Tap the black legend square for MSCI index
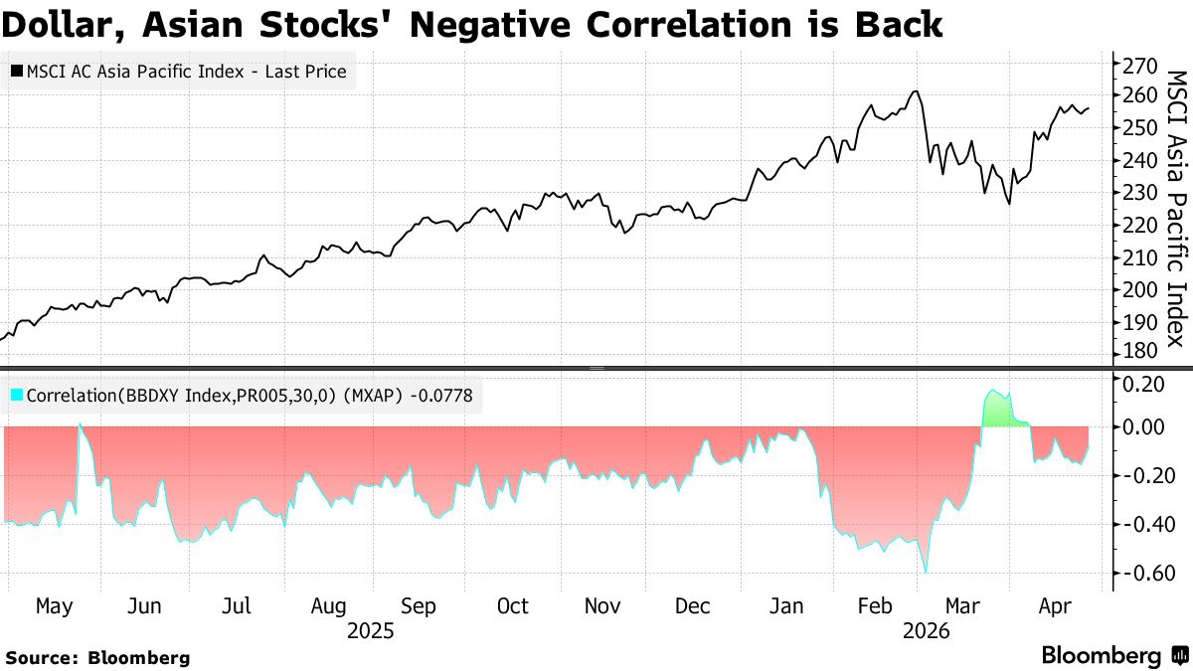17,72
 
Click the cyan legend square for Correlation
17,396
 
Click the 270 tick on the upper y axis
1139,66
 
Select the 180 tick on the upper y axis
1139,353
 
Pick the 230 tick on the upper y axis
1139,193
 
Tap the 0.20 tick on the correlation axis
1142,384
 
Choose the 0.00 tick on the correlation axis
1142,427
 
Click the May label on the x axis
54,606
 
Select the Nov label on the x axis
603,606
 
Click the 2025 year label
371,631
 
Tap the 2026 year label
926,631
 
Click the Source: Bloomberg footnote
97,657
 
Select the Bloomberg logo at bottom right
1113,656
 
